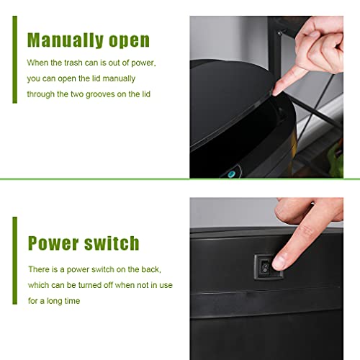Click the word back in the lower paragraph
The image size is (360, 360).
[150, 269]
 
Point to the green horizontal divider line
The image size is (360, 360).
[180, 179]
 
